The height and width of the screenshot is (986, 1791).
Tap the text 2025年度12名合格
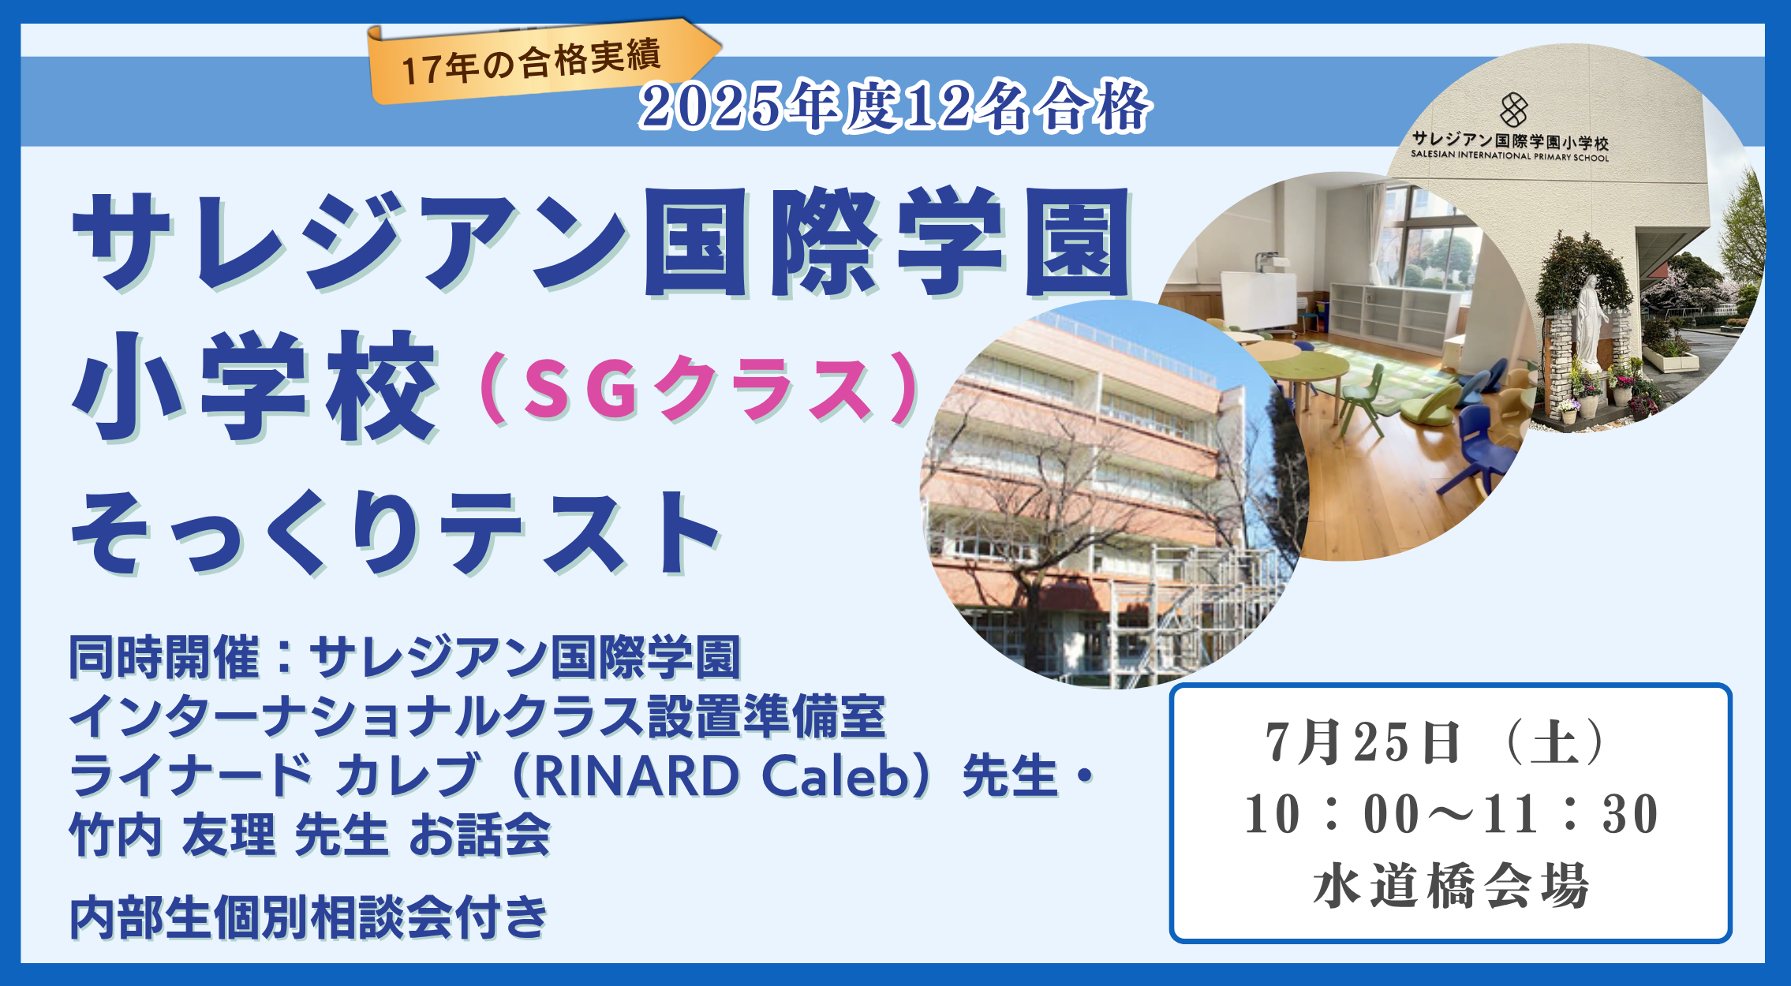(895, 106)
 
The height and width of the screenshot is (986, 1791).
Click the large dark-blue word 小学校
(254, 387)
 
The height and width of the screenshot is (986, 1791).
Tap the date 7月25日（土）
(1436, 742)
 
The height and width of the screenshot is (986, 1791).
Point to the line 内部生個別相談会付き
(308, 917)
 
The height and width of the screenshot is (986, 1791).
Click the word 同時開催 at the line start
(164, 657)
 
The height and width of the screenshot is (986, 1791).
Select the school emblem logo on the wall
(1513, 110)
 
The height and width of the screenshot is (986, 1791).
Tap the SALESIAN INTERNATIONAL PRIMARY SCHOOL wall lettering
(1509, 156)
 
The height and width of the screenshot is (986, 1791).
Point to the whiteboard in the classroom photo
(1258, 301)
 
